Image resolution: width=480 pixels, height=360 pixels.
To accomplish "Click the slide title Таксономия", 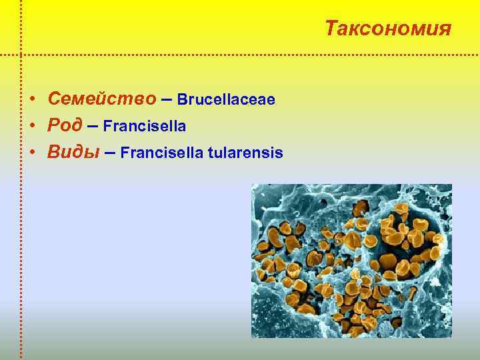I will [x=388, y=29].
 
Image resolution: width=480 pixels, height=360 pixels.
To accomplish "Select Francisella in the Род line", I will [x=144, y=126].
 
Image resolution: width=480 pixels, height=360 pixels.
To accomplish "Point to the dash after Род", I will [x=93, y=125].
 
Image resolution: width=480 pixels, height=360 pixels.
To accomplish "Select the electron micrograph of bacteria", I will [x=351, y=261].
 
